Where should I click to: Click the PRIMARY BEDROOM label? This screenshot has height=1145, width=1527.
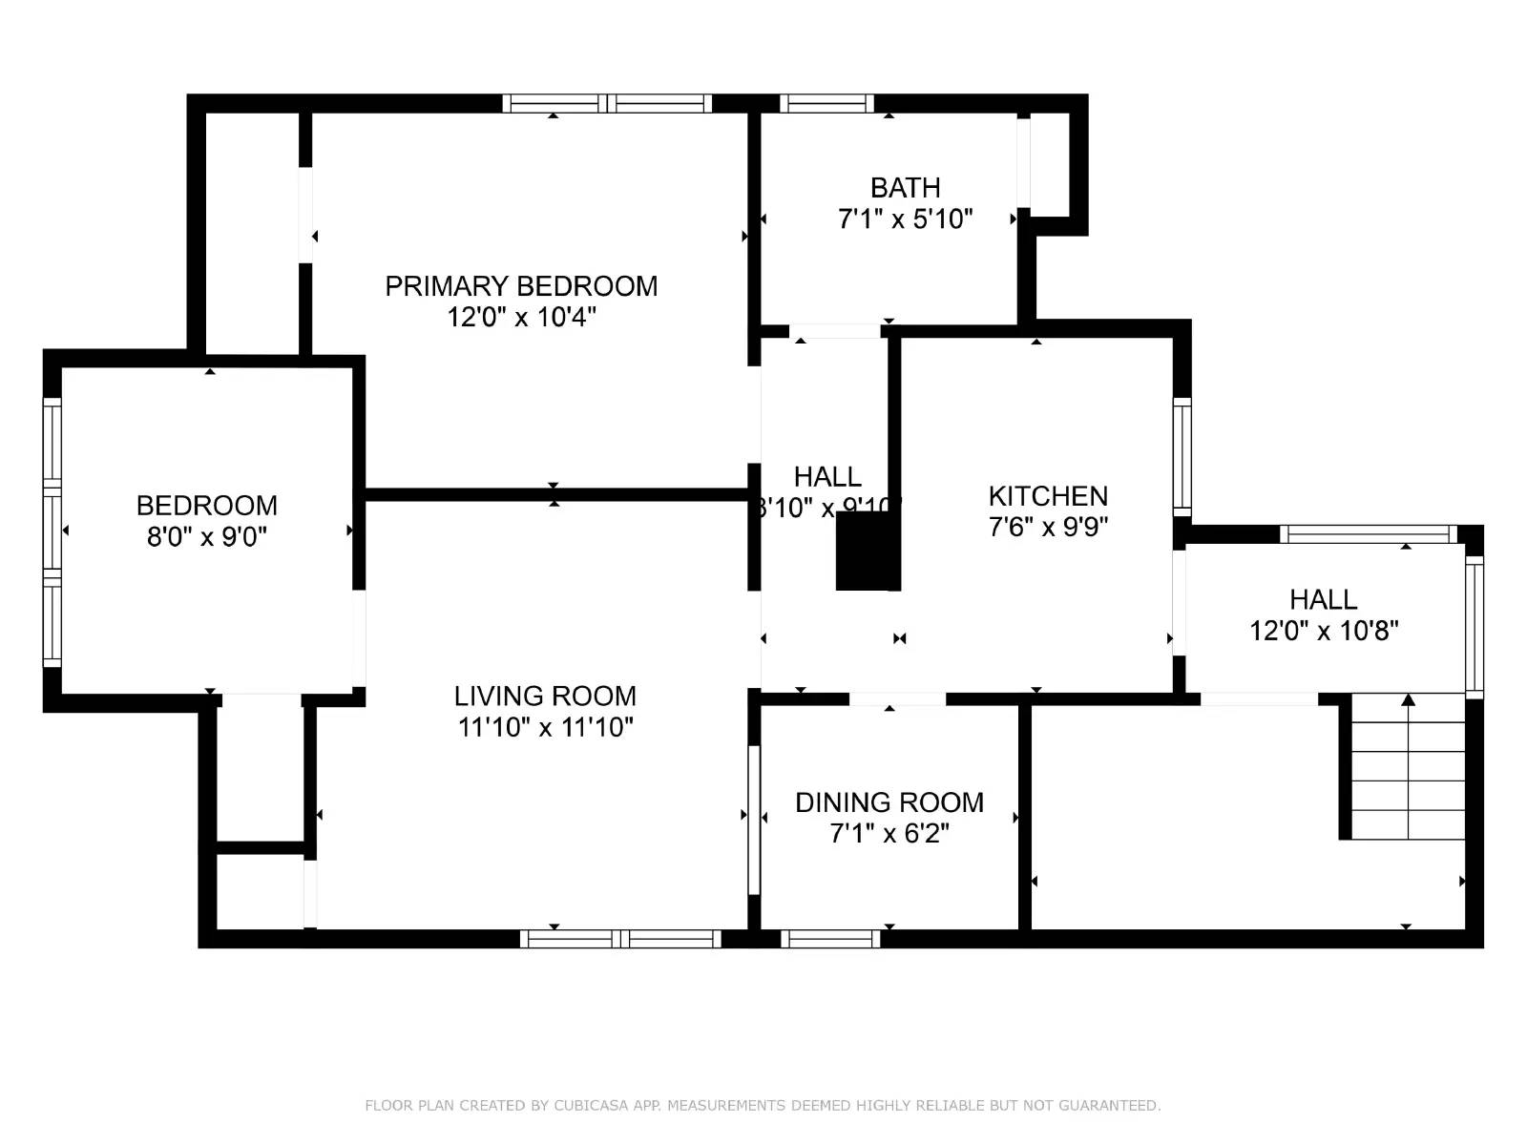521,286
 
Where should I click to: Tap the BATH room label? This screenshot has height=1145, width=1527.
905,188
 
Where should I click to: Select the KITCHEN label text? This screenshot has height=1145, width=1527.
1048,496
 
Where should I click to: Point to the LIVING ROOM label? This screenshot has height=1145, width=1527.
545,697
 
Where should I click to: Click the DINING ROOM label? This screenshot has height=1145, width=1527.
889,802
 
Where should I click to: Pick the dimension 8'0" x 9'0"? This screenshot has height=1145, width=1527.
207,537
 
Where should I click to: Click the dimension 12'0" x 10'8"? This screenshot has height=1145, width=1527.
1324,631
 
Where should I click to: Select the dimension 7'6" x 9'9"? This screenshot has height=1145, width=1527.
1048,527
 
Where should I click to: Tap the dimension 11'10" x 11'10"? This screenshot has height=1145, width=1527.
545,728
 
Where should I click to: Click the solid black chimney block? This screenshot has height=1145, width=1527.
867,551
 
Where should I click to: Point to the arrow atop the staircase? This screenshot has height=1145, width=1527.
1408,700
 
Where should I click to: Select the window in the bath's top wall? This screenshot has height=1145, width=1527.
826,103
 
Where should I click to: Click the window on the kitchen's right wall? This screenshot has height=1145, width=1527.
1182,458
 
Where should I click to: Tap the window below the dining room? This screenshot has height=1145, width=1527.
830,939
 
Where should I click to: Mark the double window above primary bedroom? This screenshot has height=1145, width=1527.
607,103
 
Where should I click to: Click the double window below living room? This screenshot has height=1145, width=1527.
620,939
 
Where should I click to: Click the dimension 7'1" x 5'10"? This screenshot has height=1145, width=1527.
905,219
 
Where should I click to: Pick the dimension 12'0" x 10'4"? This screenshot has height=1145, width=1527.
521,317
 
